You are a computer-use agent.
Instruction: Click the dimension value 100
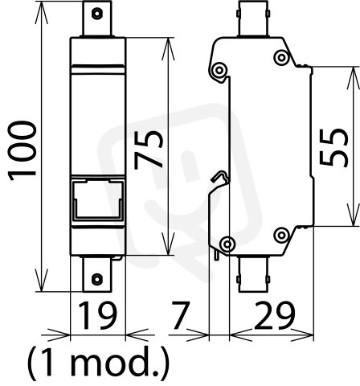click(x=22, y=151)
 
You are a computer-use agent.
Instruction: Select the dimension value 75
click(x=149, y=150)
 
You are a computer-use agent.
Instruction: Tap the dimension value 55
click(x=333, y=147)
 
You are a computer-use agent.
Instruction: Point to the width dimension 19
click(x=97, y=315)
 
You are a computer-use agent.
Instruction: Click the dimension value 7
click(x=181, y=315)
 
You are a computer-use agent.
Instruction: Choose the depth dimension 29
click(x=274, y=315)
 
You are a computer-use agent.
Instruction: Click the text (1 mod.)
click(x=99, y=363)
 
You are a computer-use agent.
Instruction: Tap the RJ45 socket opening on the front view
click(x=98, y=199)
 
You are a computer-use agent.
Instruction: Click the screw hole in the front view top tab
click(x=96, y=14)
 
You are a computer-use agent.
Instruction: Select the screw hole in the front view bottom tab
click(x=96, y=279)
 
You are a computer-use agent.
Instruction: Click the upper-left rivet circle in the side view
click(x=219, y=70)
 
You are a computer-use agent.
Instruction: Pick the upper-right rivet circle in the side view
click(x=281, y=57)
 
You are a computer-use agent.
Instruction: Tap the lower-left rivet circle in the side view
click(x=227, y=244)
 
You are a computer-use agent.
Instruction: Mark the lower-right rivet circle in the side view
click(x=281, y=235)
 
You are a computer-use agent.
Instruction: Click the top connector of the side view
click(x=253, y=18)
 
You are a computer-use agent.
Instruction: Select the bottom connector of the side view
click(x=253, y=274)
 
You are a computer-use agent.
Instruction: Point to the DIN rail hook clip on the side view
click(x=221, y=176)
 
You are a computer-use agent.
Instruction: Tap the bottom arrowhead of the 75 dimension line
click(x=168, y=244)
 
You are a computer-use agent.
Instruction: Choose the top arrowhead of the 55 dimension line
click(x=354, y=78)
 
